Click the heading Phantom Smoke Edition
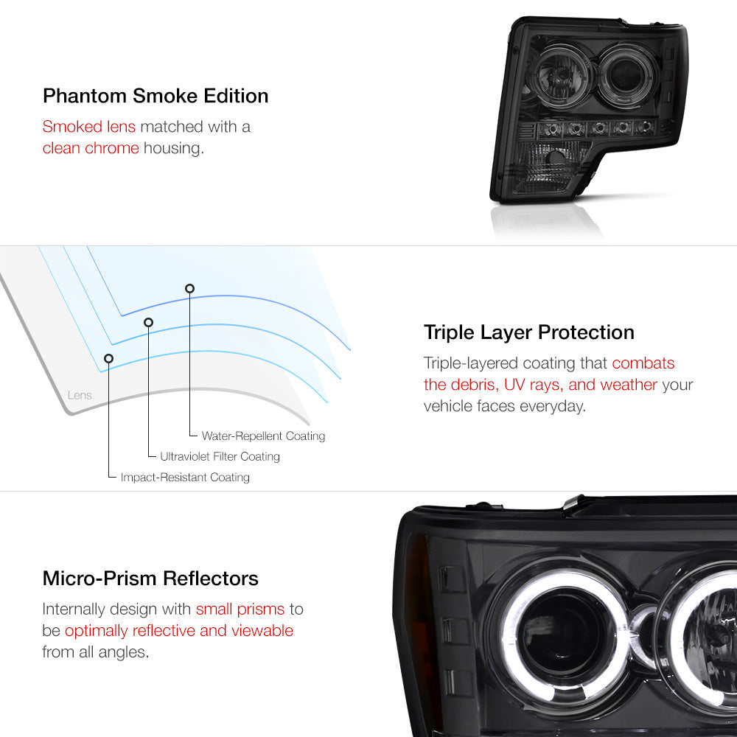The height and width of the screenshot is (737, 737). click(x=155, y=96)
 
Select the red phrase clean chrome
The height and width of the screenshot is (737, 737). click(x=91, y=147)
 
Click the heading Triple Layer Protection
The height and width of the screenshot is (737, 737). click(x=528, y=332)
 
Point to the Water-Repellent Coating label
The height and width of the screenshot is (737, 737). click(x=263, y=436)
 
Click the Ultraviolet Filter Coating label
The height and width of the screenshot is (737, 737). click(x=220, y=457)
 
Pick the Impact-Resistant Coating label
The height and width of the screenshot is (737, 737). click(x=185, y=478)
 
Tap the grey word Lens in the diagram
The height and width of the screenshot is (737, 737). click(x=80, y=395)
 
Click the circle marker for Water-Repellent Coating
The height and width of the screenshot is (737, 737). click(x=190, y=288)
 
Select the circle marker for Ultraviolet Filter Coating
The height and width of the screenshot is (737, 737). click(x=148, y=322)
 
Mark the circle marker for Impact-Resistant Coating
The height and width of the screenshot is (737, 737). click(x=109, y=358)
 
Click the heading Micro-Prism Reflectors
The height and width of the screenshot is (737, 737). click(x=150, y=578)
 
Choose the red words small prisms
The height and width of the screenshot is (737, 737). click(x=240, y=609)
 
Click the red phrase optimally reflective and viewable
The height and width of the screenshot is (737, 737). click(x=179, y=631)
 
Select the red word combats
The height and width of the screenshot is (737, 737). click(x=643, y=363)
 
